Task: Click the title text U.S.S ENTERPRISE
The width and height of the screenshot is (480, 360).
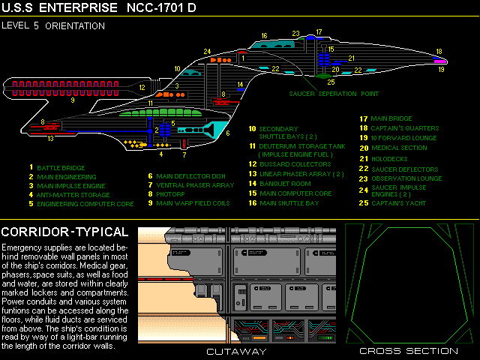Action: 60,8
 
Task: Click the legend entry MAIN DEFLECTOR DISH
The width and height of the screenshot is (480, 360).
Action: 191,176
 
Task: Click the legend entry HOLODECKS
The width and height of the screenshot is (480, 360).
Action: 389,158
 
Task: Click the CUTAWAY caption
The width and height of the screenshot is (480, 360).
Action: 236,351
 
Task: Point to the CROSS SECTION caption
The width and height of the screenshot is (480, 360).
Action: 408,351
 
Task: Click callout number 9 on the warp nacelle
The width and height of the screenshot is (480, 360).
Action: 72,99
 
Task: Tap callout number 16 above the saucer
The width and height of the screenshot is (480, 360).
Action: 264,35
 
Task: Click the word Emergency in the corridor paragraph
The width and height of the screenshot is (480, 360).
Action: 22,247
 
